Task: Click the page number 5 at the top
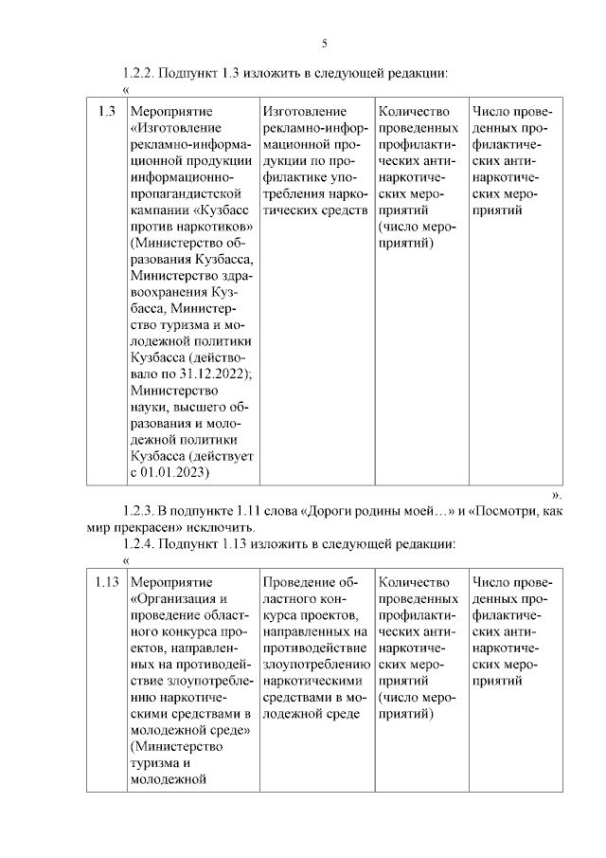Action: (x=324, y=44)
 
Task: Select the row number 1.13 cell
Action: (x=106, y=581)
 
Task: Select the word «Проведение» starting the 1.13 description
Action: (x=298, y=581)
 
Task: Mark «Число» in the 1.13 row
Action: (x=490, y=581)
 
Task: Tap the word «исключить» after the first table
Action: (x=220, y=527)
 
